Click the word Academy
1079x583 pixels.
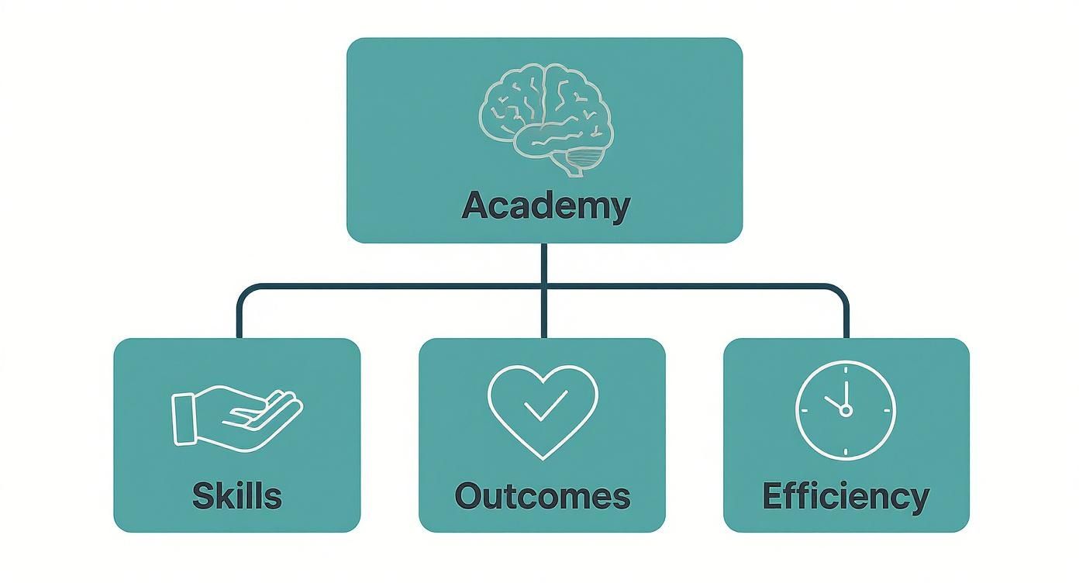tap(545, 206)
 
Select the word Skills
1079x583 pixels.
tap(237, 495)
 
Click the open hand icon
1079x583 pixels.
tap(236, 414)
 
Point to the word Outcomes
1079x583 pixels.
tap(542, 495)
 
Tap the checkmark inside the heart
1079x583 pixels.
tap(546, 405)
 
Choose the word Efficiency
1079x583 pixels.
tap(846, 495)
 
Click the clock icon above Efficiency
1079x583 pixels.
tap(845, 409)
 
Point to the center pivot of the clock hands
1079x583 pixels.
tap(845, 410)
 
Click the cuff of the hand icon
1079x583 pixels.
tap(184, 419)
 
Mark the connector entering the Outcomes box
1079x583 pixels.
tap(544, 318)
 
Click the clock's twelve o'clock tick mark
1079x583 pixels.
tap(845, 370)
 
